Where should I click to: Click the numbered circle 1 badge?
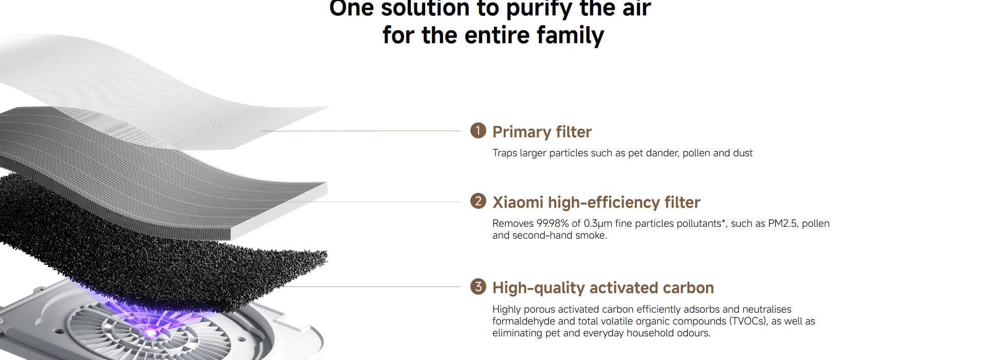coord(478,131)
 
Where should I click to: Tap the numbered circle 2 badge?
coord(478,201)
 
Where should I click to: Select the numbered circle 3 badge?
coord(478,286)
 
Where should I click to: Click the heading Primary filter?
coord(542,132)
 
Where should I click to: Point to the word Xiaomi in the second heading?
coord(518,202)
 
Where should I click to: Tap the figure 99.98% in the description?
coord(553,223)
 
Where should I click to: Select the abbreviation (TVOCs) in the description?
coord(747,321)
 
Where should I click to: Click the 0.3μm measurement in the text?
coord(598,223)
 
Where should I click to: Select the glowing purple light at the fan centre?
coord(150,332)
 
